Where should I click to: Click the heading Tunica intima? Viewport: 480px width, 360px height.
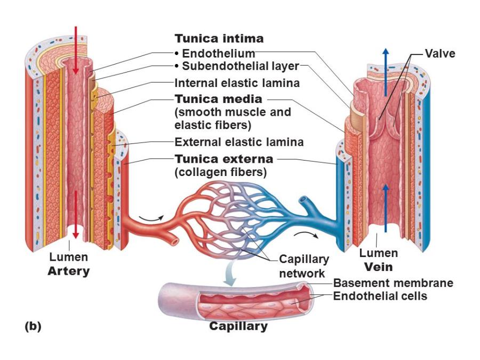click(219, 39)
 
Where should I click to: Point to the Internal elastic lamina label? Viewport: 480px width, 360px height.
click(237, 83)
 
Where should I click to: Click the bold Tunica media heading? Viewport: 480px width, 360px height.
click(219, 99)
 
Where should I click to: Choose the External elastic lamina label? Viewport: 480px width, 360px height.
click(239, 142)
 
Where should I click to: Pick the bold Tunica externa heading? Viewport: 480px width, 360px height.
click(224, 159)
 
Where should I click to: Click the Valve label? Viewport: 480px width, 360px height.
click(440, 53)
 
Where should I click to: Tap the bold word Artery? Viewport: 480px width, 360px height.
click(69, 271)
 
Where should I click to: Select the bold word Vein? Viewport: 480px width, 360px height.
click(378, 267)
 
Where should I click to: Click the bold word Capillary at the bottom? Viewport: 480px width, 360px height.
click(238, 326)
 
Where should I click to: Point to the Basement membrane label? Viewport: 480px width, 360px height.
click(393, 283)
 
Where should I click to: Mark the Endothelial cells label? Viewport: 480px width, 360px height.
click(380, 296)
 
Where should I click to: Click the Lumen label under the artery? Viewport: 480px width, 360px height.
click(68, 258)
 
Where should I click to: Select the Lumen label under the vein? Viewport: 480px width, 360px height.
click(378, 253)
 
